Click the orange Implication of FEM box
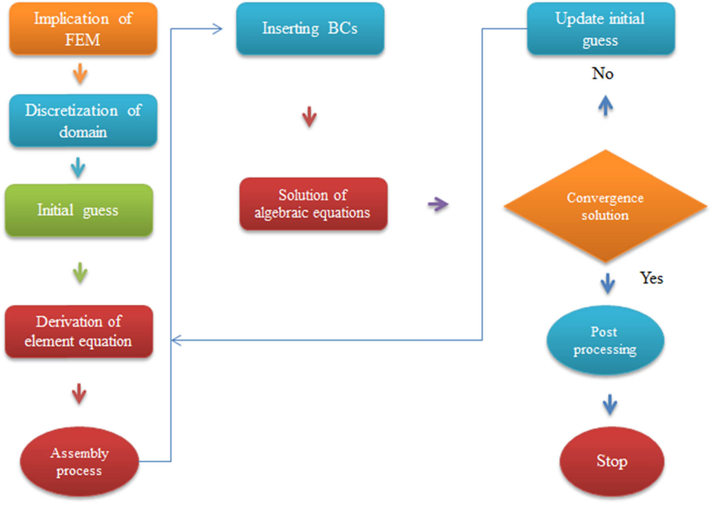coord(83,29)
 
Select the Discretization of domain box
coord(83,121)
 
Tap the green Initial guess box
coord(79,210)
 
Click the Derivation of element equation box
coord(79,331)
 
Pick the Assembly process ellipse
coord(79,461)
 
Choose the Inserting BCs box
coord(310,28)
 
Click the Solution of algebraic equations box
coord(313,204)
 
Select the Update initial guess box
coord(601,29)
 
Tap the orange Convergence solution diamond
coord(605,206)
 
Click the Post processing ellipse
coord(605,340)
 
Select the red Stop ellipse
coord(612,461)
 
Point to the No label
coord(603,74)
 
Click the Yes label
coord(651,278)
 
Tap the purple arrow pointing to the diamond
coord(438,204)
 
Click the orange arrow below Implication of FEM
coord(80,74)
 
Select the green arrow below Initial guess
coord(80,273)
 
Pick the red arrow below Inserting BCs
coord(309,117)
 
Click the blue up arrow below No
coord(605,106)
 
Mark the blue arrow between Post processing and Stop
coord(609,404)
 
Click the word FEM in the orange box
coord(83,40)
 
